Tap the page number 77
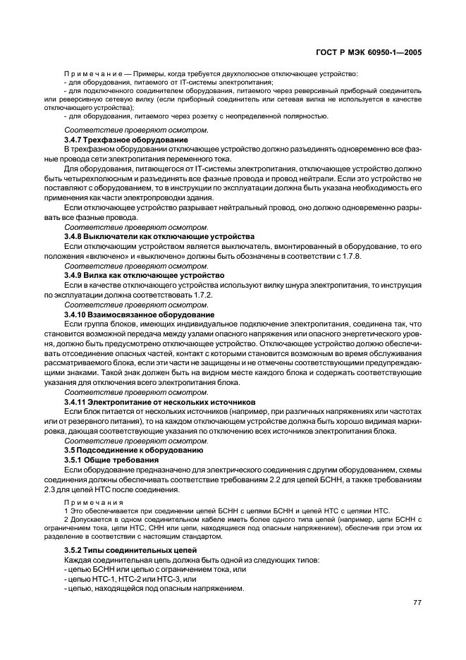click(417, 603)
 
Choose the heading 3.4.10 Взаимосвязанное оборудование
click(140, 314)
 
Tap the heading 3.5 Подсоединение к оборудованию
click(134, 449)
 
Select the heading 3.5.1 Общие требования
click(111, 459)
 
